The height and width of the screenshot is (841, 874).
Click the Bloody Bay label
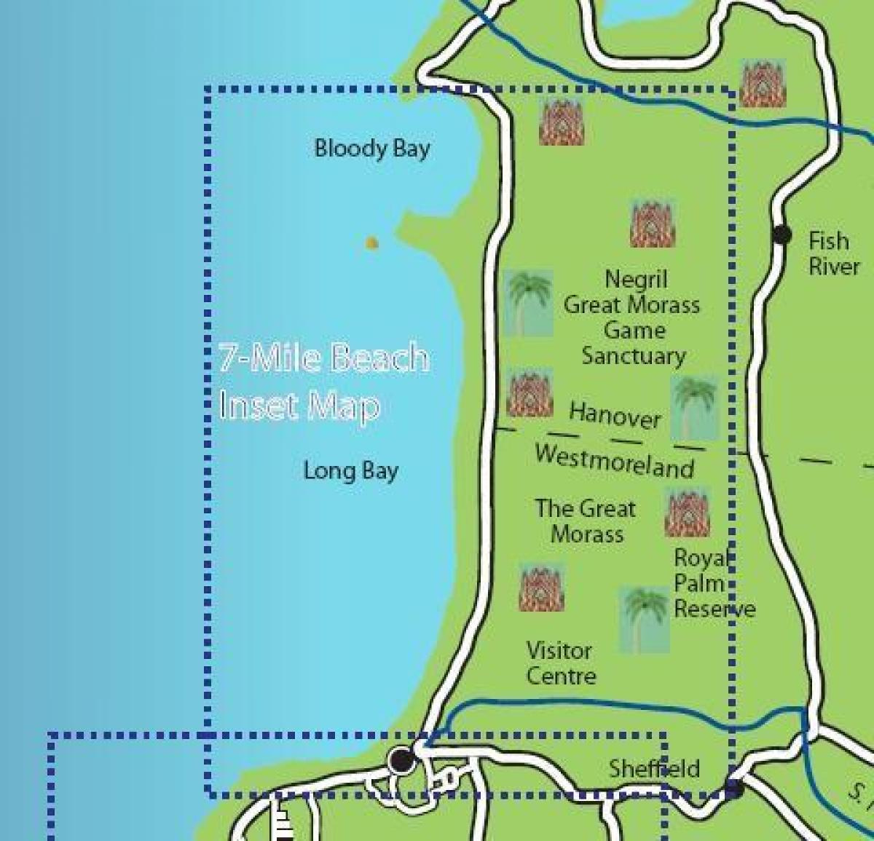[371, 149]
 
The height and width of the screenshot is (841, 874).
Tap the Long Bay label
[350, 471]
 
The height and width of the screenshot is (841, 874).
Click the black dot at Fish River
[782, 234]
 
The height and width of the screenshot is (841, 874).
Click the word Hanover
[615, 415]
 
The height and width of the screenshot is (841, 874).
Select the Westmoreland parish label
[614, 461]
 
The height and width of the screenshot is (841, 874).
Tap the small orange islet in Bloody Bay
[371, 243]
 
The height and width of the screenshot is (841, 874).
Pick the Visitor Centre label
[560, 663]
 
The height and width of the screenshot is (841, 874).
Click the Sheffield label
[653, 768]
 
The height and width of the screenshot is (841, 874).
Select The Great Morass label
[586, 521]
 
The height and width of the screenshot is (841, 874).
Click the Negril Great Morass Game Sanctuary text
[632, 317]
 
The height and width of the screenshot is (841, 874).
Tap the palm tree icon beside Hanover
[695, 408]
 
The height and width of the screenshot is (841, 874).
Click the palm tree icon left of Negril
[528, 303]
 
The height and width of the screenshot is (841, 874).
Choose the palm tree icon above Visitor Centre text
[644, 620]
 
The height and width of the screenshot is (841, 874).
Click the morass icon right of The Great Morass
[687, 513]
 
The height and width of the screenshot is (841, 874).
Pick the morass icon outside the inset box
[762, 83]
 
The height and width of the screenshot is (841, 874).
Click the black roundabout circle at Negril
[401, 760]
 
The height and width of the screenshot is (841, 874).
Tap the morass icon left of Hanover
[529, 392]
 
